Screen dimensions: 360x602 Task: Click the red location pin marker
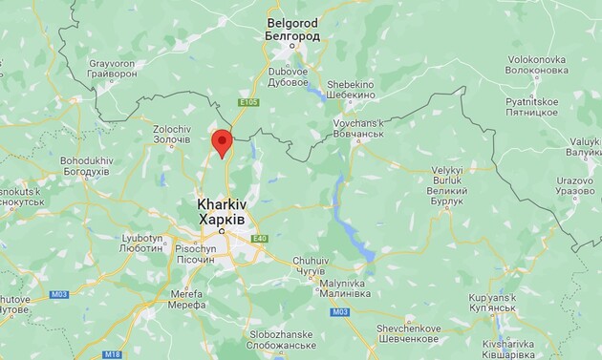222,141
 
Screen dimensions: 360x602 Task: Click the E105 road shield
248,102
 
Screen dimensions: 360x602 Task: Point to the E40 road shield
260,239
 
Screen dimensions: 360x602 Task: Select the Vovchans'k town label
357,129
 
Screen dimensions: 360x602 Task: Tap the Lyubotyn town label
143,242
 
